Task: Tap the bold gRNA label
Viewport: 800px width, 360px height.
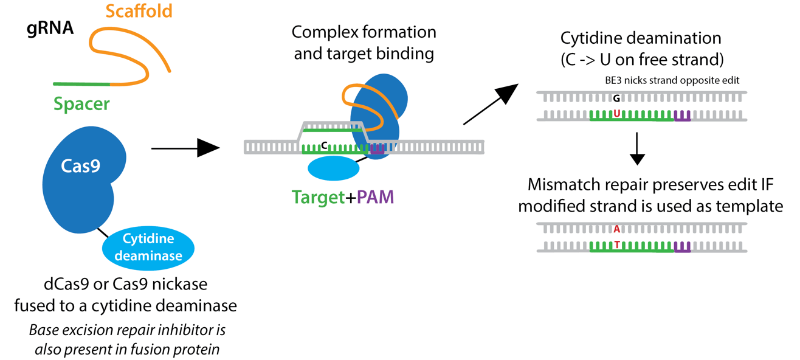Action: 50,29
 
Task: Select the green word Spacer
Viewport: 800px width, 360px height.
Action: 81,104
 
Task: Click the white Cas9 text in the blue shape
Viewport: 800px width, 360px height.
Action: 80,166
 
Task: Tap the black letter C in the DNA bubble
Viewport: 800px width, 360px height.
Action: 325,145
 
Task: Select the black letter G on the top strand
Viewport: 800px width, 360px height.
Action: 616,98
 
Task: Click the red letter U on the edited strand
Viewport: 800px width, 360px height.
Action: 616,113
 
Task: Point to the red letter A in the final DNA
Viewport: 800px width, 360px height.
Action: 616,229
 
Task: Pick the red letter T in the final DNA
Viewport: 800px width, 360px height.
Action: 616,244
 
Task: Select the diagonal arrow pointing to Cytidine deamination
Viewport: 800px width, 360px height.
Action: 490,104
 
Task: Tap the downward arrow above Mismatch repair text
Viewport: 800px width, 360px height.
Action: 636,149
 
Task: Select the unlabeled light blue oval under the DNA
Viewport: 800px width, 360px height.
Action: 333,168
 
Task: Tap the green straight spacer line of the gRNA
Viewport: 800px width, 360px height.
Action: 81,83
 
